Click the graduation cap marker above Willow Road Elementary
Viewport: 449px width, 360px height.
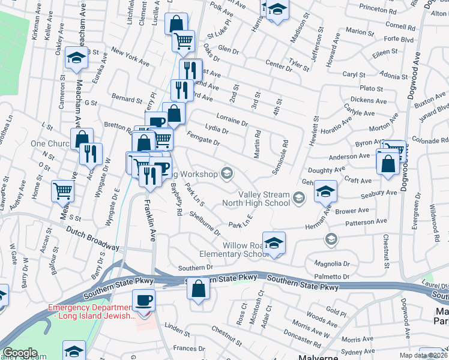[274, 242]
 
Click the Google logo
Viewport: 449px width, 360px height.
[20, 353]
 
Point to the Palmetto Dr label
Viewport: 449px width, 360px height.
[332, 277]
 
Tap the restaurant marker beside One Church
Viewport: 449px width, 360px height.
[91, 153]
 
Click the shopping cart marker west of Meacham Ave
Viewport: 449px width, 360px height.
[63, 191]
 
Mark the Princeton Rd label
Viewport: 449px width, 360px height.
[378, 10]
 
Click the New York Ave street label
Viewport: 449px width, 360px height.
[130, 58]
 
